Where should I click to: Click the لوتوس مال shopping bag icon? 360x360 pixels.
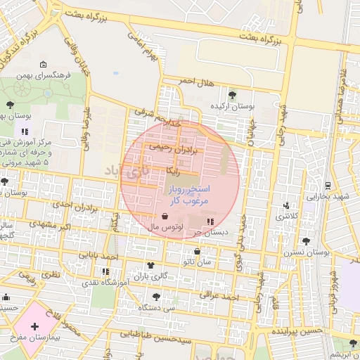pos(165,217)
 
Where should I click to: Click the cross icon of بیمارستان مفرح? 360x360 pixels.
pos(34,326)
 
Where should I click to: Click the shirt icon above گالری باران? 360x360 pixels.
pos(150,265)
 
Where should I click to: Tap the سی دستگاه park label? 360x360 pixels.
pos(156,307)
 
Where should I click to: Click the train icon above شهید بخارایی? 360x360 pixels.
pos(327,186)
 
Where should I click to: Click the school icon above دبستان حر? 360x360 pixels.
pos(210,221)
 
